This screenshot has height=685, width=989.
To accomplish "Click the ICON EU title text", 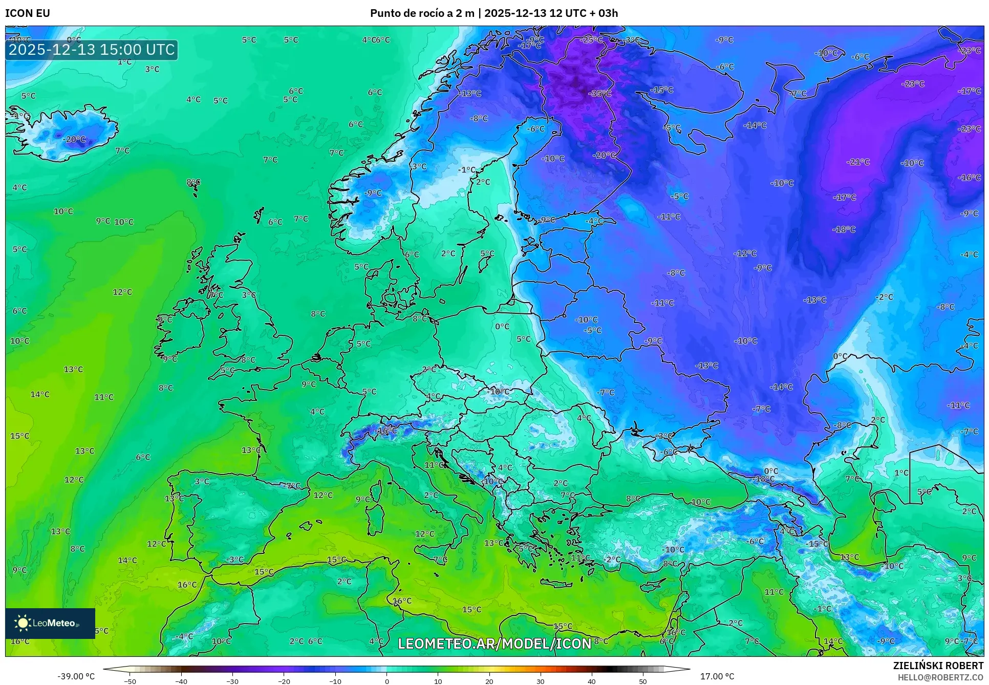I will [28, 13].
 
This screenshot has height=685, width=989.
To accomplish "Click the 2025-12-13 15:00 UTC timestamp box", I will [92, 50].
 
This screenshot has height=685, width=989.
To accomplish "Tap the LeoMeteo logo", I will [50, 623].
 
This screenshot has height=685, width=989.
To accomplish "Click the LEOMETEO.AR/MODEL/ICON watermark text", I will [494, 644].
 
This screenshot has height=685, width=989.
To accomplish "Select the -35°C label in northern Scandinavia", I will [599, 94].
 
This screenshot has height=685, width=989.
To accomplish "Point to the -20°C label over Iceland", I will [74, 139].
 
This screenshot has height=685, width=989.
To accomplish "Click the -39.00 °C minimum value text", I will [76, 676].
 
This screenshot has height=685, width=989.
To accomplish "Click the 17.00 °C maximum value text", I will [717, 676].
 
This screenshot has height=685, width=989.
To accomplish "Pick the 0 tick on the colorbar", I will [386, 681].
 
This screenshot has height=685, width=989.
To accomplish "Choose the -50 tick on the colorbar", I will [130, 681].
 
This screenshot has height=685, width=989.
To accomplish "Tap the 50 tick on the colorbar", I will [643, 681].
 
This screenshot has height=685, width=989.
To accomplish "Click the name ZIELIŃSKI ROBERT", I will [938, 666].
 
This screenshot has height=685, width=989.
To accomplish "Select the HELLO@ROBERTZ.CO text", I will [940, 677].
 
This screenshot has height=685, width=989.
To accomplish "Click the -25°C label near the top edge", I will [591, 39].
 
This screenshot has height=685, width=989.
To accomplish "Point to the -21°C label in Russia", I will [858, 162].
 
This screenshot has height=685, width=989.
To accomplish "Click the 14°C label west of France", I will [40, 394].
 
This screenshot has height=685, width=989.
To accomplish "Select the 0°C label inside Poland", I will [502, 326].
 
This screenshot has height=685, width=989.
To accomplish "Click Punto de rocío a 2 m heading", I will [422, 13].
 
